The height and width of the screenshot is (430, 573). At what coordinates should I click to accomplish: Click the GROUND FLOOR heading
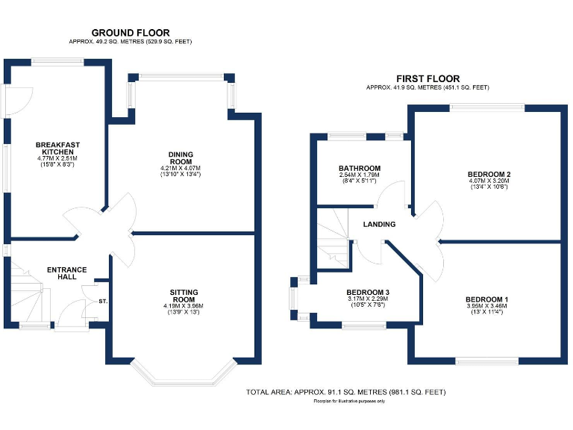point(131,33)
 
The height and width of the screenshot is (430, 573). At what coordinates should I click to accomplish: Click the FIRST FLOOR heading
point(428,78)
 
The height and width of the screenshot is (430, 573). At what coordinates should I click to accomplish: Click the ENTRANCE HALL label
point(67,274)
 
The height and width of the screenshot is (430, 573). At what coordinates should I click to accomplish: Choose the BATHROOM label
point(360,168)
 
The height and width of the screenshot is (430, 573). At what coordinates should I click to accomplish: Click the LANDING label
point(379,225)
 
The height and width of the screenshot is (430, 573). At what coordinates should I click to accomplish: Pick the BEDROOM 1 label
point(486,295)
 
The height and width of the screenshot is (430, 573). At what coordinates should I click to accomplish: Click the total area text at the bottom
point(345,392)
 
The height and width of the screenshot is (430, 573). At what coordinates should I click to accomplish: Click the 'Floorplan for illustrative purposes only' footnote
point(345,402)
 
